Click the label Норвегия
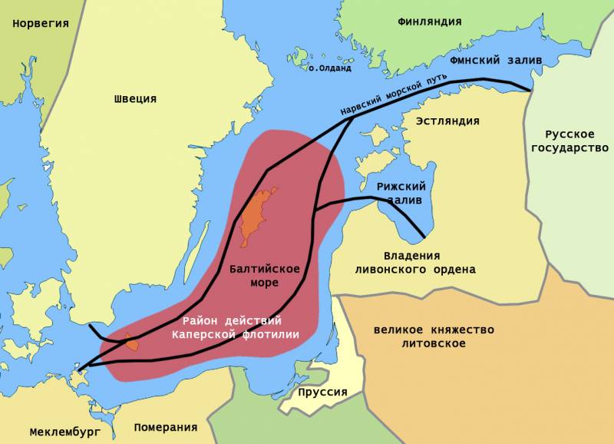41,23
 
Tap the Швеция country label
135,98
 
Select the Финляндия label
430,22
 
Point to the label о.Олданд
329,68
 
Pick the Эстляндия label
447,121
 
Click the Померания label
165,427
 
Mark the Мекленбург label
65,432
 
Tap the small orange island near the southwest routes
133,342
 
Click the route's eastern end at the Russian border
530,90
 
